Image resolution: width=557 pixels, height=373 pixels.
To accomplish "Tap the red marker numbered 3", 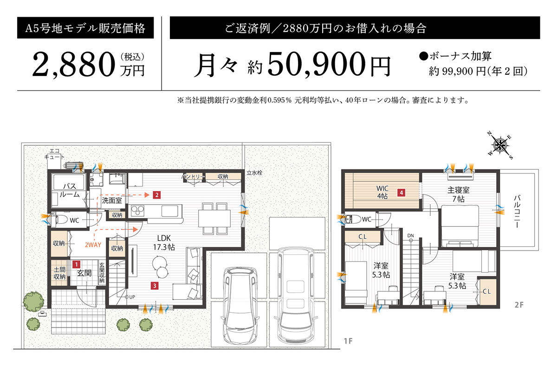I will click(x=154, y=286).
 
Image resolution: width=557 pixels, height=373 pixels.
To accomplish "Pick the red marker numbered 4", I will click(x=400, y=191).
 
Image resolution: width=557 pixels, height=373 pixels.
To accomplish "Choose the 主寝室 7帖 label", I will click(x=459, y=194).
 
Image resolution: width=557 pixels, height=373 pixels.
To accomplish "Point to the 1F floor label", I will click(x=349, y=342).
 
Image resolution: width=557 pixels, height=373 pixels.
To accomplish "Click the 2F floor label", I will click(x=518, y=305).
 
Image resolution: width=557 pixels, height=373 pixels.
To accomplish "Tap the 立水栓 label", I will click(x=254, y=173).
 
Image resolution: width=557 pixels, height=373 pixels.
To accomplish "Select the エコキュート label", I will click(x=54, y=154).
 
